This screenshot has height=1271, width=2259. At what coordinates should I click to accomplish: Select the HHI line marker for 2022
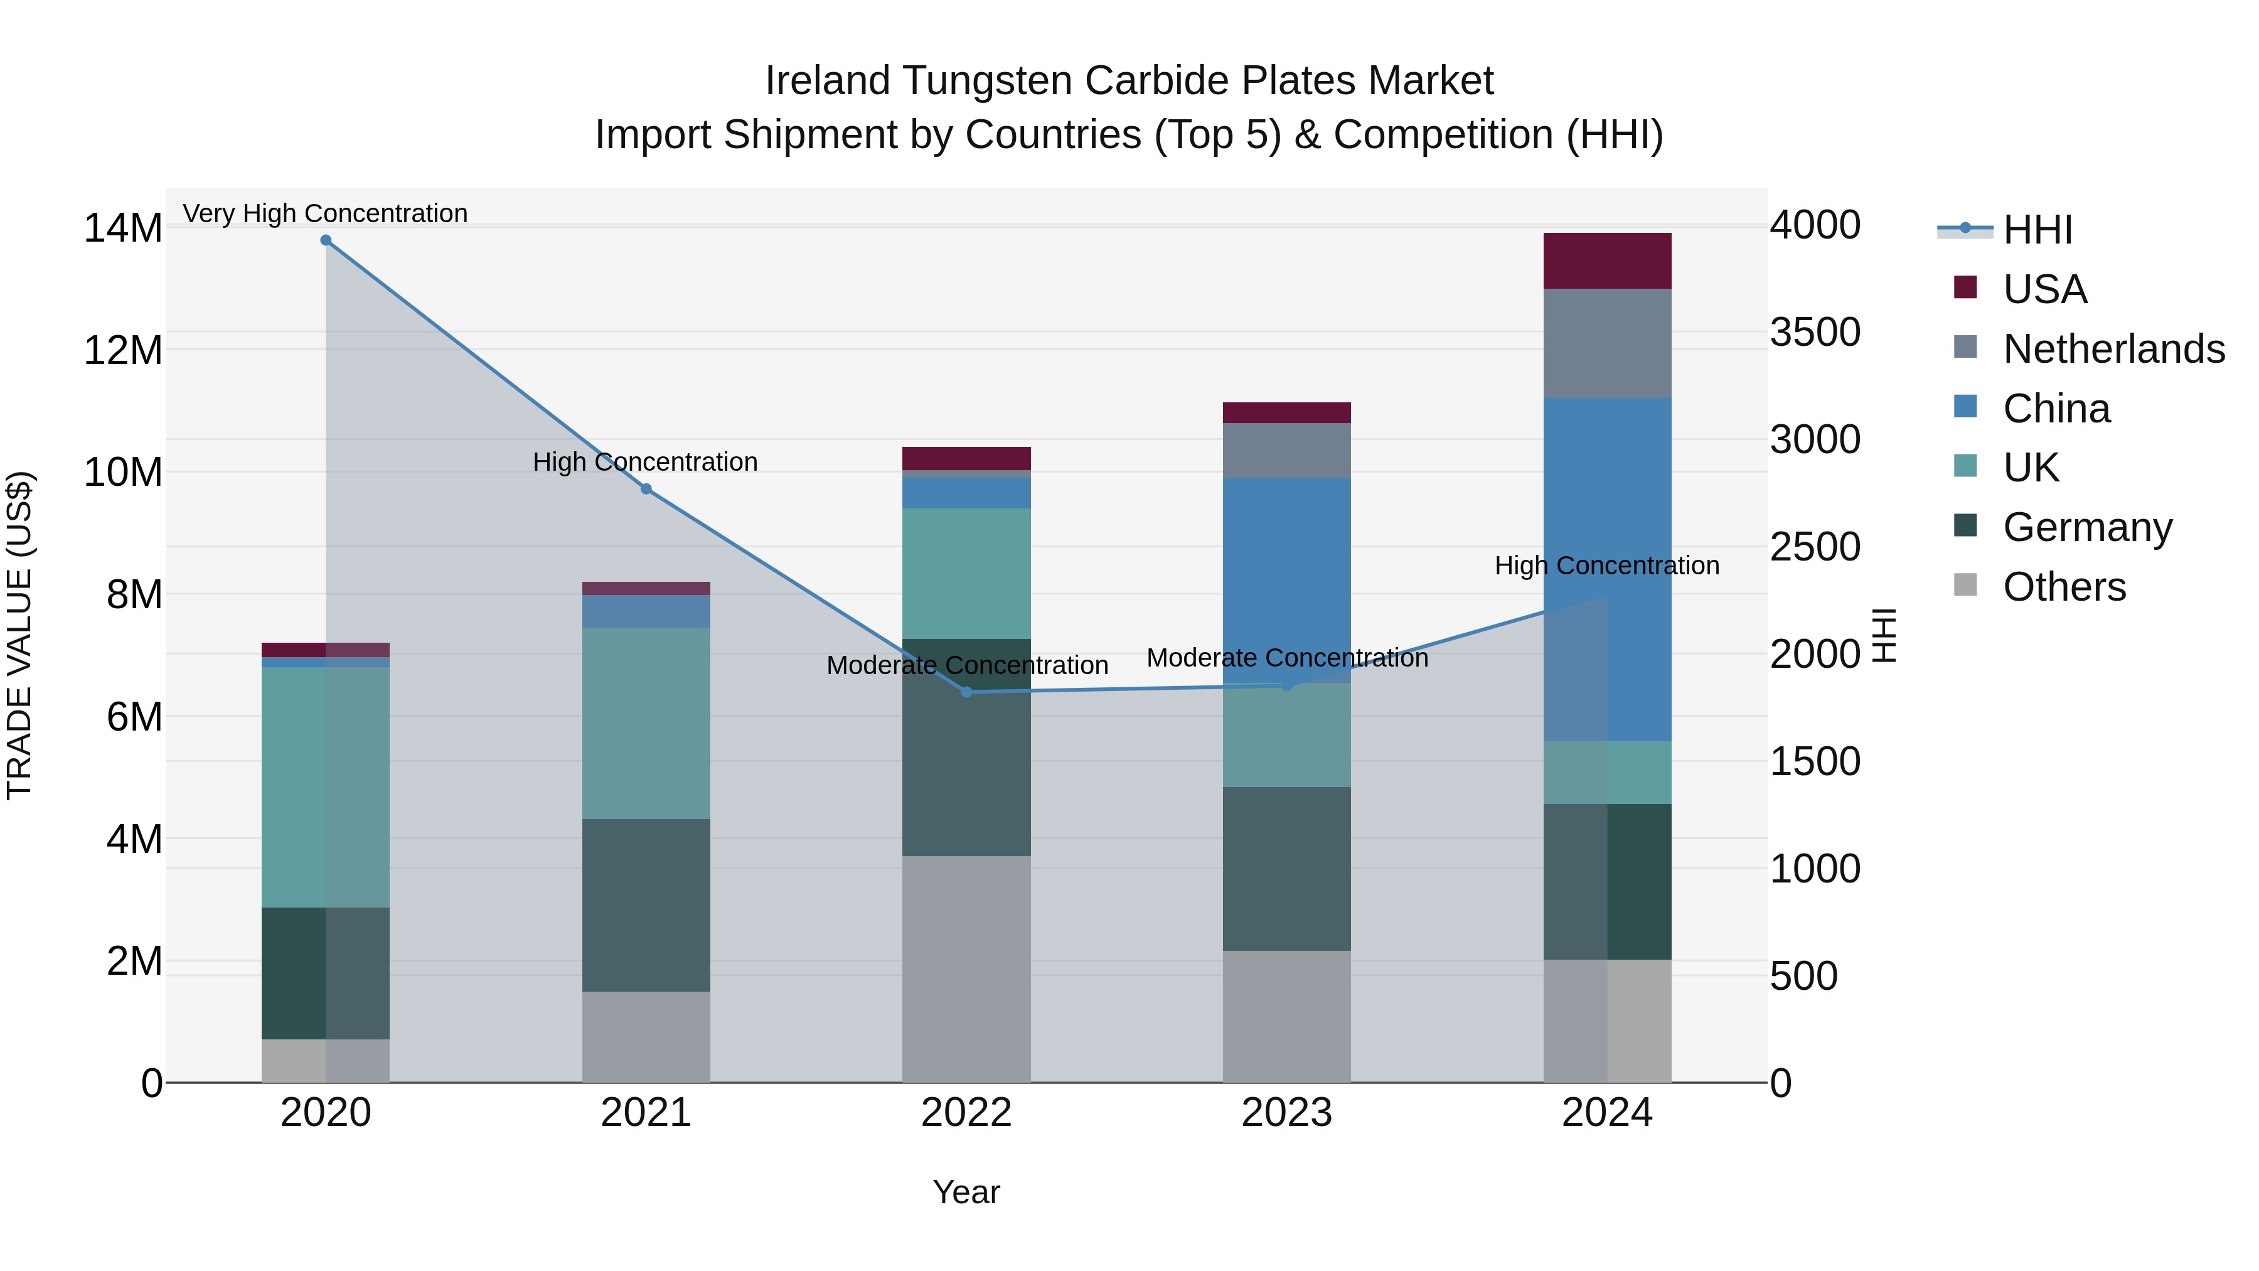966,692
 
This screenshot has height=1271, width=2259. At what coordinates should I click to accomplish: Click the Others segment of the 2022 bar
966,968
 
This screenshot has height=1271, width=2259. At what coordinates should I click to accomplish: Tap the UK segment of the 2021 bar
646,723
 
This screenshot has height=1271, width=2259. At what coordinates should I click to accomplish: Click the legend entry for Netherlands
2113,349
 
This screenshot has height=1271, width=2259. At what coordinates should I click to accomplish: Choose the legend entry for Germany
2087,527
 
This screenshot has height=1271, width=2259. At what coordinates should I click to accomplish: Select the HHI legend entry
2036,230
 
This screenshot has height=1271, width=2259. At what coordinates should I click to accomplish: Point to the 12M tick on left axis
123,351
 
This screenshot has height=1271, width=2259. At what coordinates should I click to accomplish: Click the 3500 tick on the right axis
1814,333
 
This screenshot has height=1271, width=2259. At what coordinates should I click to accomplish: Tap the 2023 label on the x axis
1286,1113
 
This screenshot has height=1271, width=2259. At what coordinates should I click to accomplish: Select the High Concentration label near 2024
1606,566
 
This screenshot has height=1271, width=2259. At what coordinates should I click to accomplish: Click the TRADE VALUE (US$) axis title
19,635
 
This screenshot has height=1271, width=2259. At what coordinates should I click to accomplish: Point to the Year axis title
966,1192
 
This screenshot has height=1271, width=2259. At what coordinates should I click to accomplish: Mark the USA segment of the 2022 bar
966,458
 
